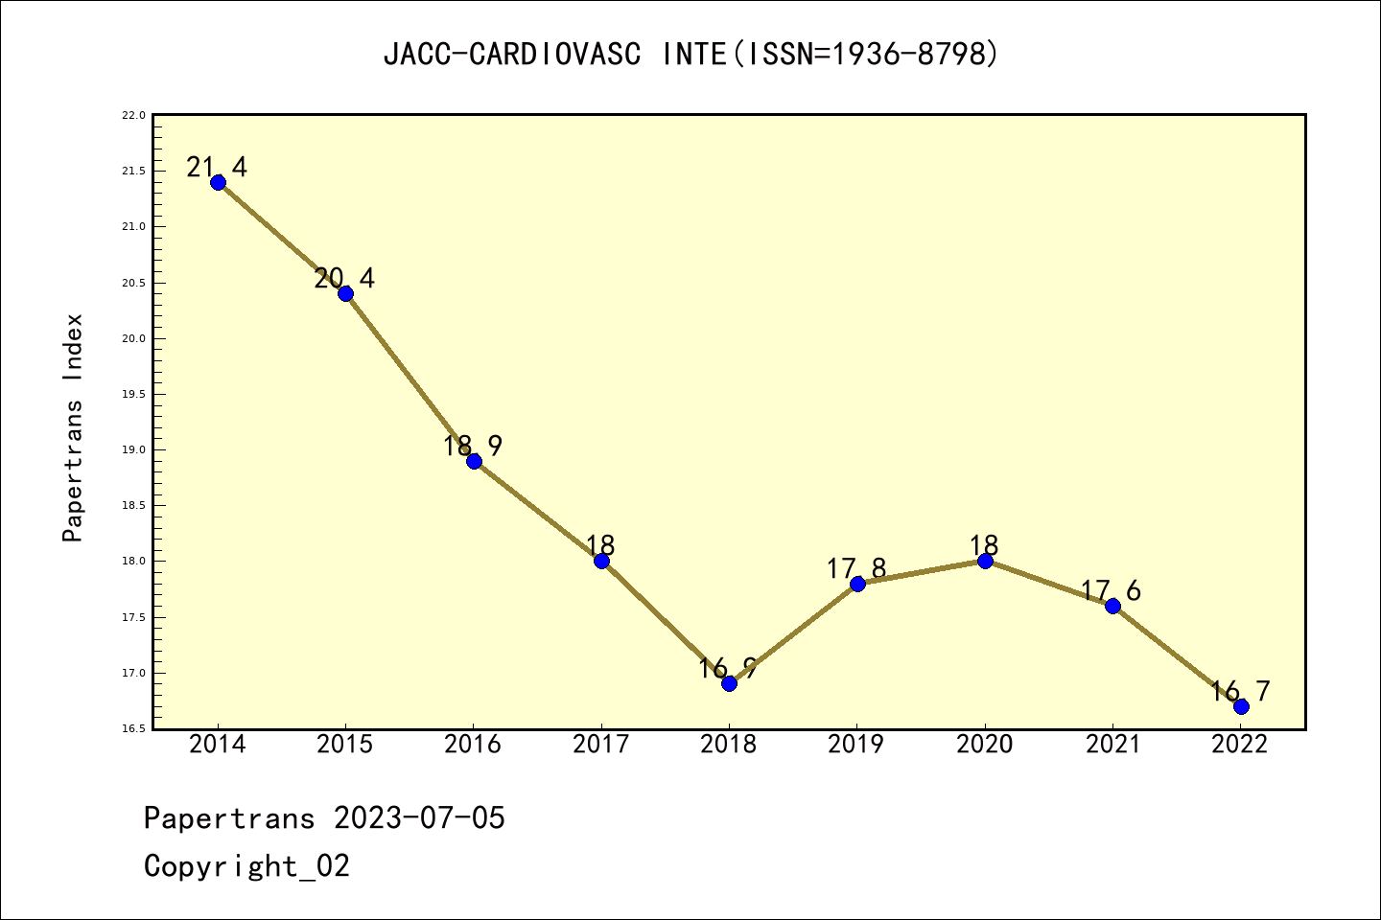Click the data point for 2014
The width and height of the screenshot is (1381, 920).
click(x=218, y=182)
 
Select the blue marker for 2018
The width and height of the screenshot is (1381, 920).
click(x=729, y=683)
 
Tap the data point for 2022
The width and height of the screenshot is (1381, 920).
click(x=1241, y=706)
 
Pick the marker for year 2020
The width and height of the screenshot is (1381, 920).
click(x=985, y=561)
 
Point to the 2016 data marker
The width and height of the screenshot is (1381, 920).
click(x=474, y=461)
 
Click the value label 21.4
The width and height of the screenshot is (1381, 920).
click(x=217, y=168)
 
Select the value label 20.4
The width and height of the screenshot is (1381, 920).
click(x=344, y=279)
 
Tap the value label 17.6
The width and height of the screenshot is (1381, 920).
click(x=1112, y=590)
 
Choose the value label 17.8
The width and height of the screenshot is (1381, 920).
click(x=856, y=569)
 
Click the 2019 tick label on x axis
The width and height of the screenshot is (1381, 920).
click(x=856, y=744)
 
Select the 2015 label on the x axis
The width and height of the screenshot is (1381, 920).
click(x=345, y=744)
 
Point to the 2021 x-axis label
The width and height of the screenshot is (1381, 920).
click(x=1112, y=744)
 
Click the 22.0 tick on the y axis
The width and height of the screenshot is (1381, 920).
click(x=133, y=115)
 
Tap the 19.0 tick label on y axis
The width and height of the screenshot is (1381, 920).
click(x=133, y=449)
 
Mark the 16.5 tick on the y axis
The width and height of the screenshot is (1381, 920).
click(x=133, y=728)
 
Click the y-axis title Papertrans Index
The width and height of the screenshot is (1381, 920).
click(x=73, y=427)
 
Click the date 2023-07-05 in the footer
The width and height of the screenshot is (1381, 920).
click(x=419, y=818)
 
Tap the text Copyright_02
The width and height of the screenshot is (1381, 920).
click(x=246, y=866)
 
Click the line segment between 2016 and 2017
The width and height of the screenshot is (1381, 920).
click(x=537, y=511)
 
